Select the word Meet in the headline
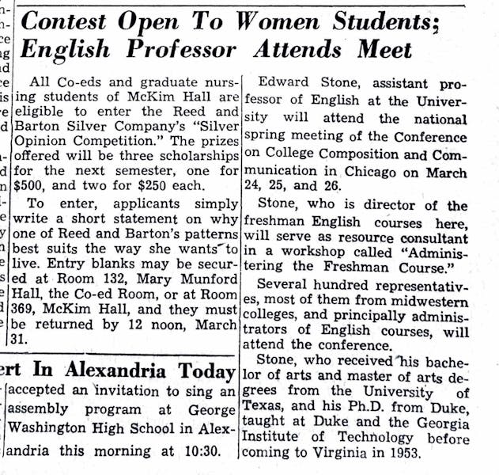tap(385, 51)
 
